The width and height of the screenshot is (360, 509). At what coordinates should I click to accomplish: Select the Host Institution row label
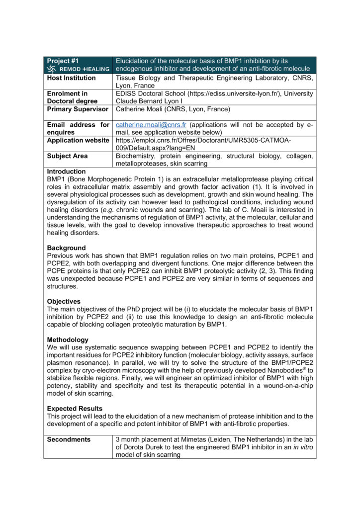(71, 78)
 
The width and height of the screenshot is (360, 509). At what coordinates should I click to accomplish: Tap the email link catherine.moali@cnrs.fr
(151, 125)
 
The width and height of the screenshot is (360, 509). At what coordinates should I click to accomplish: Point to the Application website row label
(78, 140)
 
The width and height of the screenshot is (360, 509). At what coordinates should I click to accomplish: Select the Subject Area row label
(67, 156)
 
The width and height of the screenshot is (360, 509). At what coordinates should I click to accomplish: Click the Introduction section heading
(66, 171)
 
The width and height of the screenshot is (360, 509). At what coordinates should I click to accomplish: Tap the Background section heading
(66, 248)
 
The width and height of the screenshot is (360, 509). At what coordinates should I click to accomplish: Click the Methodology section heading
(68, 339)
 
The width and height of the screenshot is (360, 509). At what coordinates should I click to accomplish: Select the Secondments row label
(69, 439)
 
